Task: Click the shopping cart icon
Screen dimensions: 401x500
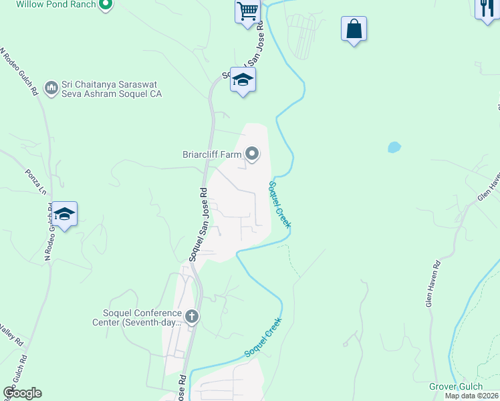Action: (247, 11)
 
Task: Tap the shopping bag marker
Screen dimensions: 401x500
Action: (354, 29)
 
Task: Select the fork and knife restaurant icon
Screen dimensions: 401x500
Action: (487, 9)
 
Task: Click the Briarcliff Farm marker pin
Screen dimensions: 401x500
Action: (252, 154)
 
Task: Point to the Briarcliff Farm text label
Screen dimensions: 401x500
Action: (211, 154)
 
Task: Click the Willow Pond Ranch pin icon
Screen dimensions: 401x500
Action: (105, 5)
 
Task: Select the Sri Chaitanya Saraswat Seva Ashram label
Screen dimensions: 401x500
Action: (111, 90)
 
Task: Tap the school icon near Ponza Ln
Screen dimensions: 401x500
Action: (64, 214)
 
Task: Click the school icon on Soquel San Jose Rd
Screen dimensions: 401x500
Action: (243, 80)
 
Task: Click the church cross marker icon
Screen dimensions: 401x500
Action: (192, 316)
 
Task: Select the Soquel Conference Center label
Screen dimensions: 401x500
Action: (137, 318)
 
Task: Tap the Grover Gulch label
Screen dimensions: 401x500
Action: (457, 387)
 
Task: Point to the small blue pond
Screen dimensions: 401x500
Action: (394, 146)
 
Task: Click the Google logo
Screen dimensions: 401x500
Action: (23, 393)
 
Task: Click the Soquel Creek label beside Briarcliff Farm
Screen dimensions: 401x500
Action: (280, 205)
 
